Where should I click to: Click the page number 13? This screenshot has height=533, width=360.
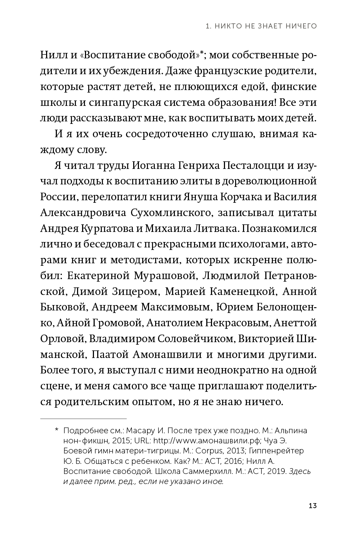point(312,506)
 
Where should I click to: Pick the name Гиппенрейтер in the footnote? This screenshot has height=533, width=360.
point(271,451)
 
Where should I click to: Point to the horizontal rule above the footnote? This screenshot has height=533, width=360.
point(83,419)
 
